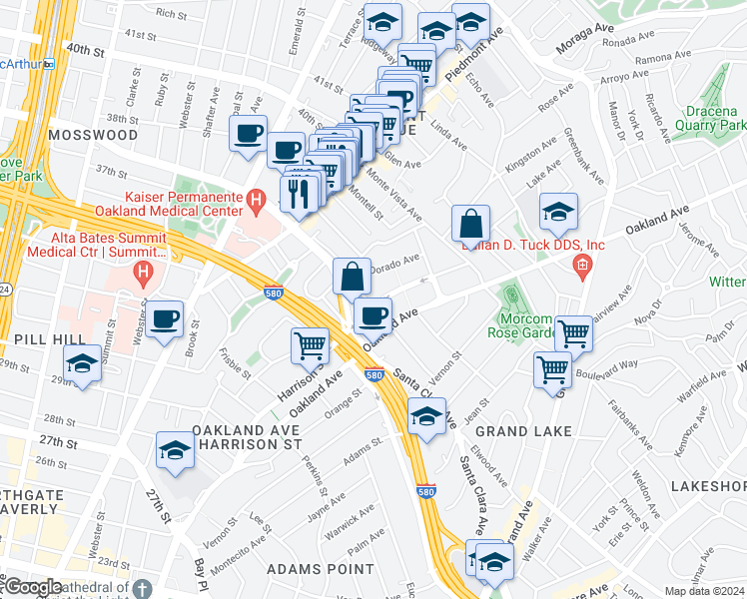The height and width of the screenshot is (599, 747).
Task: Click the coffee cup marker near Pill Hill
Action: click(x=165, y=320)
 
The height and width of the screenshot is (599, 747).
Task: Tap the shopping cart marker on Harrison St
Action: click(x=310, y=346)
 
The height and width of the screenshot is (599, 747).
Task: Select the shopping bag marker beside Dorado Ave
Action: click(x=352, y=276)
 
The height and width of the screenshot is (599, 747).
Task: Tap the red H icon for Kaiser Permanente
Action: click(x=257, y=200)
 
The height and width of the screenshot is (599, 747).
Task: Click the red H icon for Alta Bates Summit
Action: click(x=144, y=270)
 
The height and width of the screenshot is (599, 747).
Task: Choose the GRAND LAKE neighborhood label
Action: click(x=523, y=431)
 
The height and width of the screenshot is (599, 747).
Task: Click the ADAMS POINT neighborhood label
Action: click(x=320, y=569)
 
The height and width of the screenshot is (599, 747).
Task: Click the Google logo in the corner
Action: click(x=31, y=588)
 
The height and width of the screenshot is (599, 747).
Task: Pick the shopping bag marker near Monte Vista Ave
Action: click(x=469, y=225)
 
